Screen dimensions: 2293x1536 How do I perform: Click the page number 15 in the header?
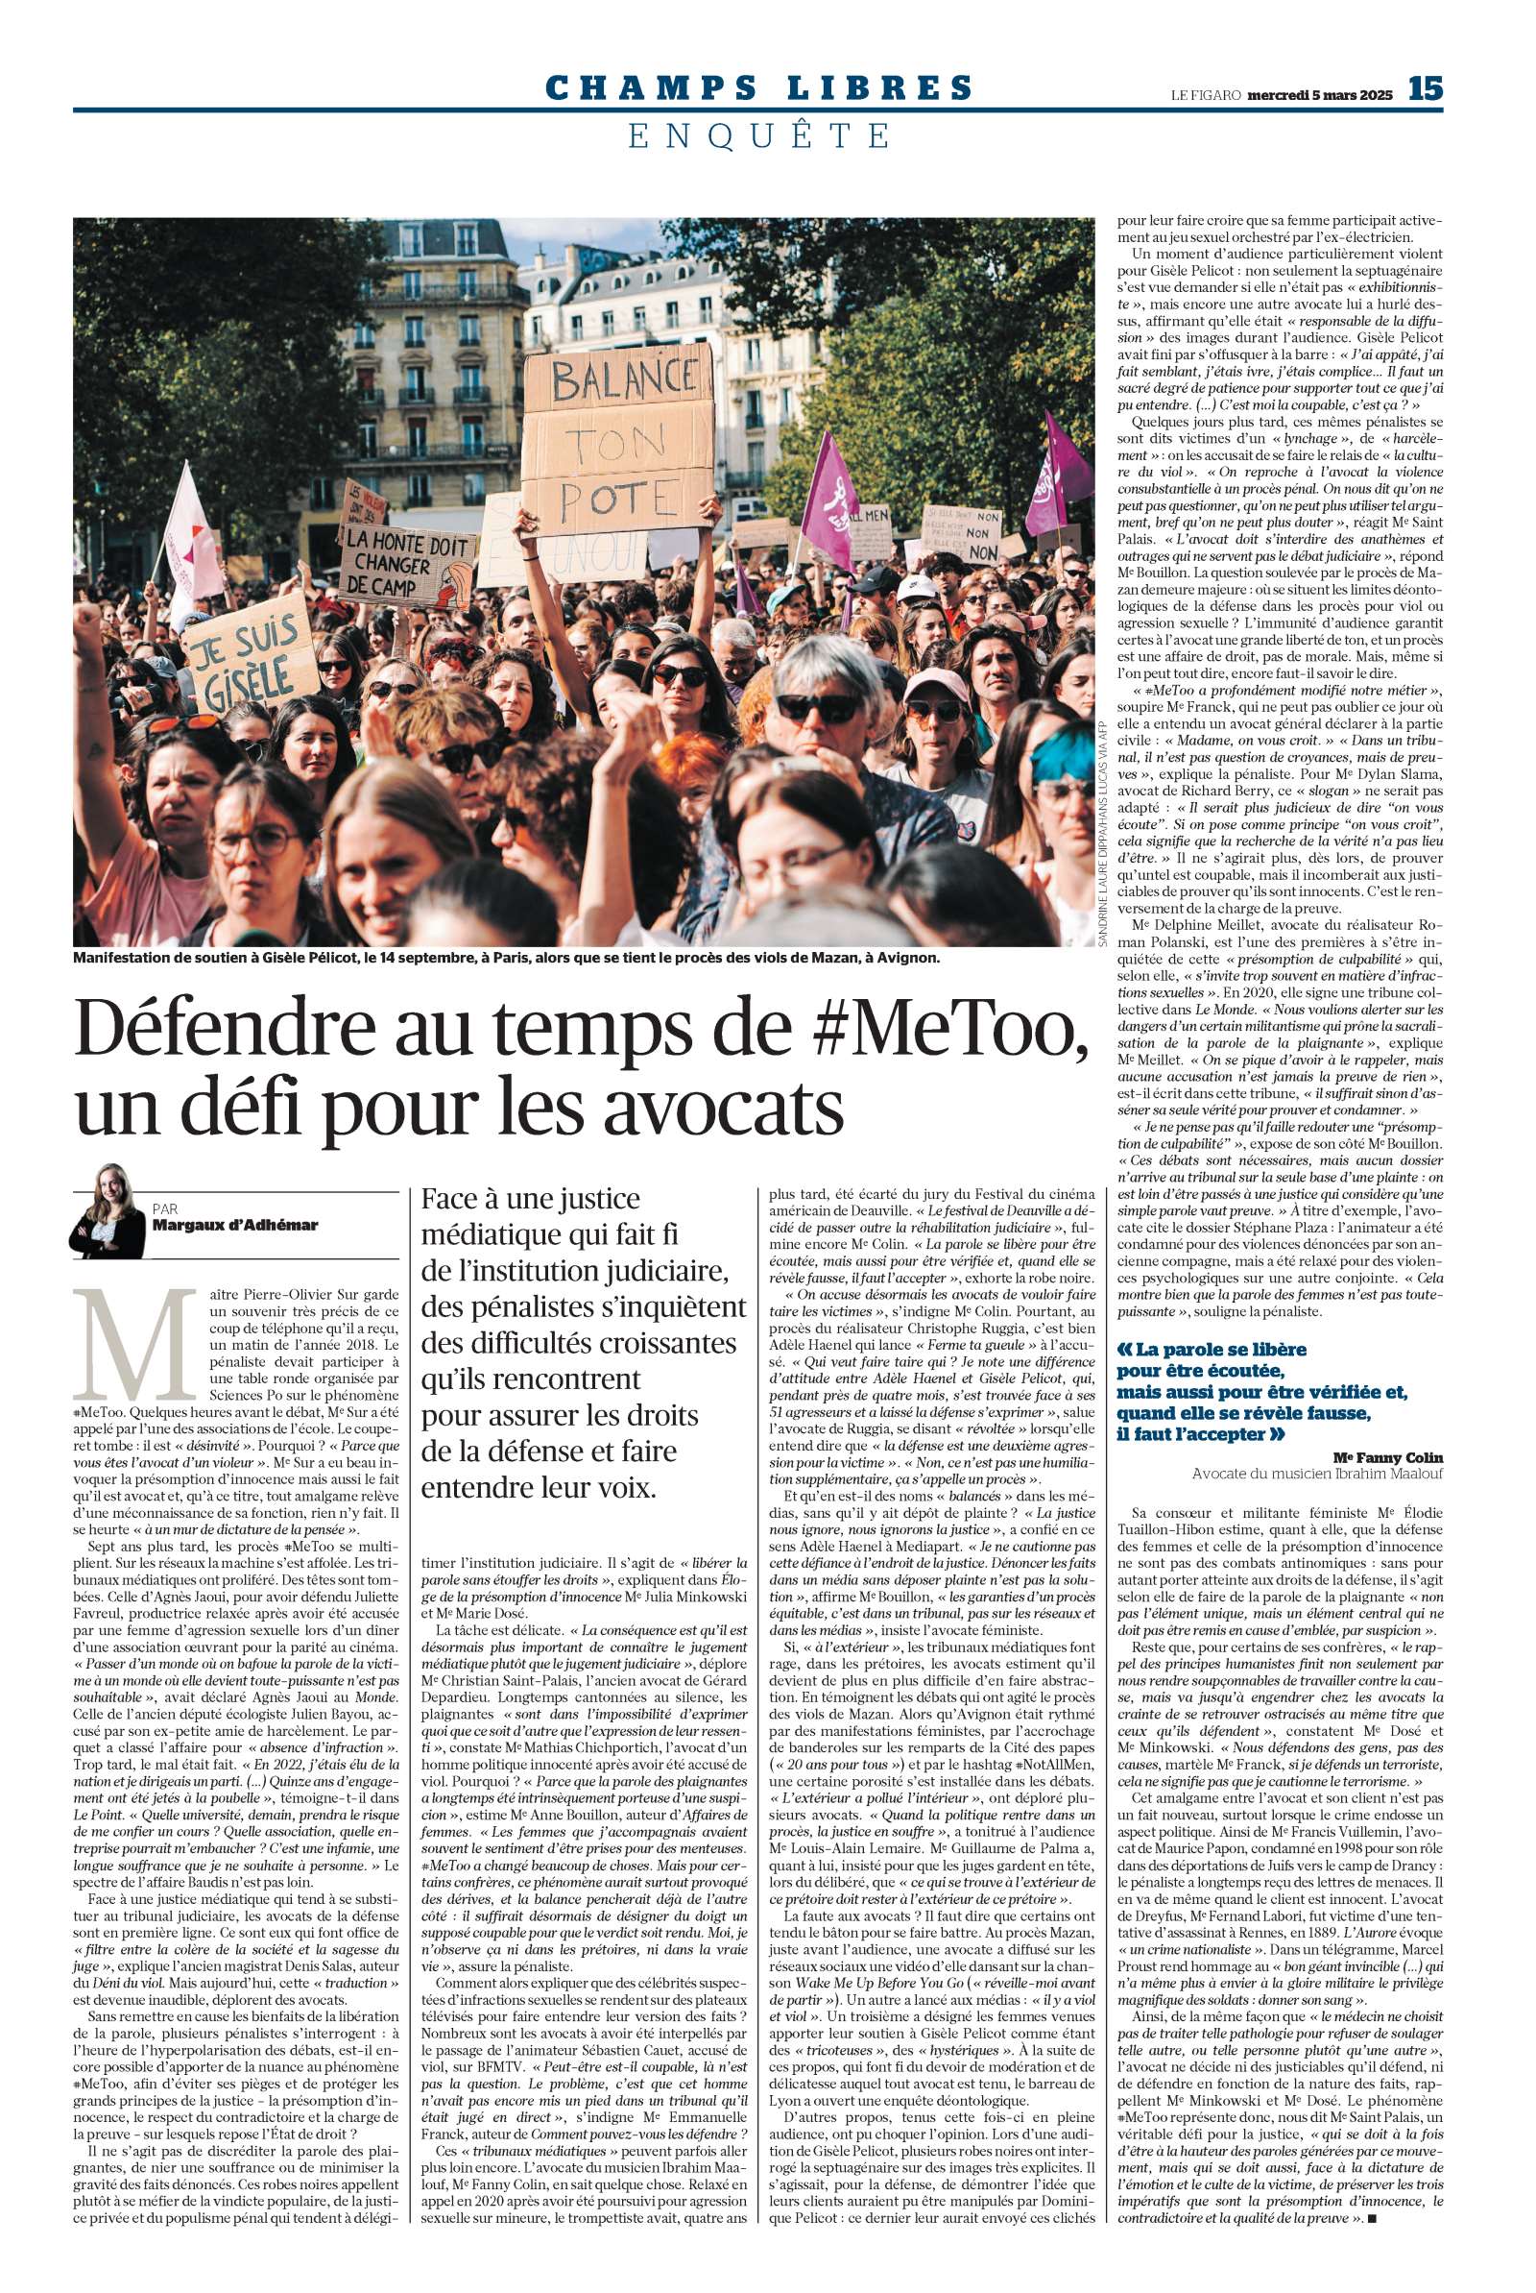(x=1426, y=89)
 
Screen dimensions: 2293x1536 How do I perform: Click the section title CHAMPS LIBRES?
(x=759, y=88)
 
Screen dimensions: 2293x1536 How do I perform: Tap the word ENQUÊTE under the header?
(x=759, y=135)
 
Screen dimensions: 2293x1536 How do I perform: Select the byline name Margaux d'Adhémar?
(x=235, y=1225)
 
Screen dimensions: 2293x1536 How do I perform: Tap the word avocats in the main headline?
(x=723, y=1105)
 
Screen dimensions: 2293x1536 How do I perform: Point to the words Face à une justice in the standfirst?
(x=530, y=1199)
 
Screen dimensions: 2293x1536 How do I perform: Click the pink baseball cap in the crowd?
(x=935, y=683)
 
